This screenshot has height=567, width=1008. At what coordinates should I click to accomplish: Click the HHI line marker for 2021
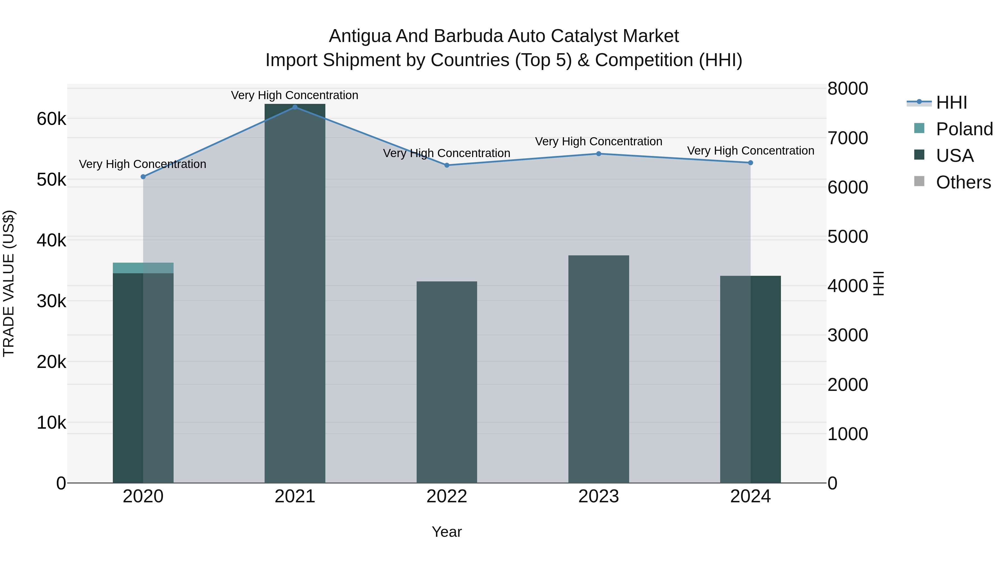295,107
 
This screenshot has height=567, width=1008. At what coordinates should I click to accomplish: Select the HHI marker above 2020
143,177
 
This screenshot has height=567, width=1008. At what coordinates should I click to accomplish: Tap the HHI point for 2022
447,165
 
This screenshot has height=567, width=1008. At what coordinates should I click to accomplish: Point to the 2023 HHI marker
599,154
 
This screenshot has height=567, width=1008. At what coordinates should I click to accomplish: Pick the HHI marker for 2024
750,163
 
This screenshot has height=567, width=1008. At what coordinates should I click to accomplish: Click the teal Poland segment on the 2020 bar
143,268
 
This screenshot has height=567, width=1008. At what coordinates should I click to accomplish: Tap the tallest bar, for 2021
295,293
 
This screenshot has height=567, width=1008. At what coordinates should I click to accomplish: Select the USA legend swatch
919,155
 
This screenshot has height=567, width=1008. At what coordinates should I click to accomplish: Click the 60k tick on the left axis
51,119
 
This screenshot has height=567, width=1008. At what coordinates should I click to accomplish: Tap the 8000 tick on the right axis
848,88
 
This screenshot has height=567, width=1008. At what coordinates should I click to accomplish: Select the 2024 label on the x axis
750,496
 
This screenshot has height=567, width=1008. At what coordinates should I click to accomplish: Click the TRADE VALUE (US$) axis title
9,283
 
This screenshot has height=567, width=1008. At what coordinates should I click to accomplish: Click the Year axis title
447,532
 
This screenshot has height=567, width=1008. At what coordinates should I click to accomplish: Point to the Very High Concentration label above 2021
295,95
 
